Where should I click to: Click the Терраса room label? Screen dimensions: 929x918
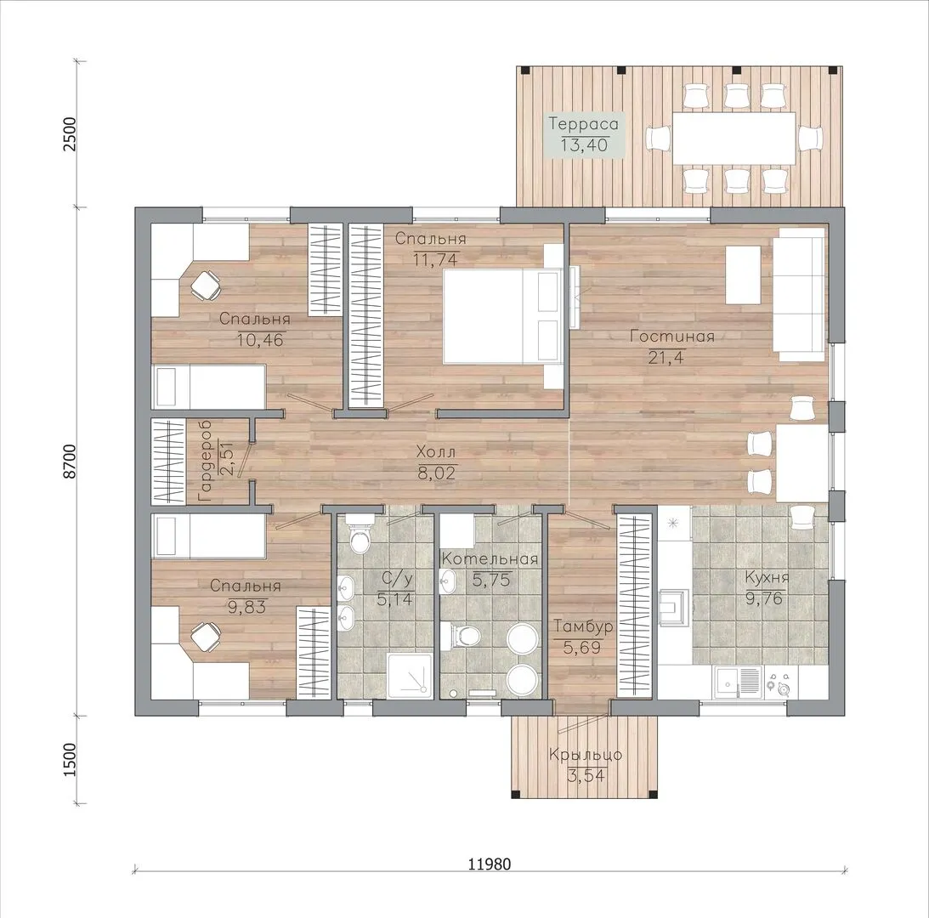click(x=584, y=124)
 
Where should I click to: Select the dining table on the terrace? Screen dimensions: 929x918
click(x=734, y=138)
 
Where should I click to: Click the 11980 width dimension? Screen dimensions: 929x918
click(x=490, y=864)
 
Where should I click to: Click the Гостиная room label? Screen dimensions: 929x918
click(x=671, y=337)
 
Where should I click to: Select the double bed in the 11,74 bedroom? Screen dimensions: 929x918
click(x=501, y=316)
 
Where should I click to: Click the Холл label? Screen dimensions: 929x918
click(x=436, y=452)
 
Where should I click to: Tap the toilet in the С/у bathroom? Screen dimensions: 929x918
click(x=359, y=534)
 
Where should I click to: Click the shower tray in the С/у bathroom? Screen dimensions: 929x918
click(x=408, y=674)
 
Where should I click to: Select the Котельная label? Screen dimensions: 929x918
click(x=490, y=558)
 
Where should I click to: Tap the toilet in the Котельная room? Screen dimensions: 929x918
click(x=464, y=635)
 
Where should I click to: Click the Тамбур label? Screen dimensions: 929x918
click(x=582, y=626)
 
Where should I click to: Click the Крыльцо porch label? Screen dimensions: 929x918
click(x=586, y=755)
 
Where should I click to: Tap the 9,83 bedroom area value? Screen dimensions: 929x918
click(x=246, y=606)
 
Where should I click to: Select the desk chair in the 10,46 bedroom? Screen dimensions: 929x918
click(x=205, y=285)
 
